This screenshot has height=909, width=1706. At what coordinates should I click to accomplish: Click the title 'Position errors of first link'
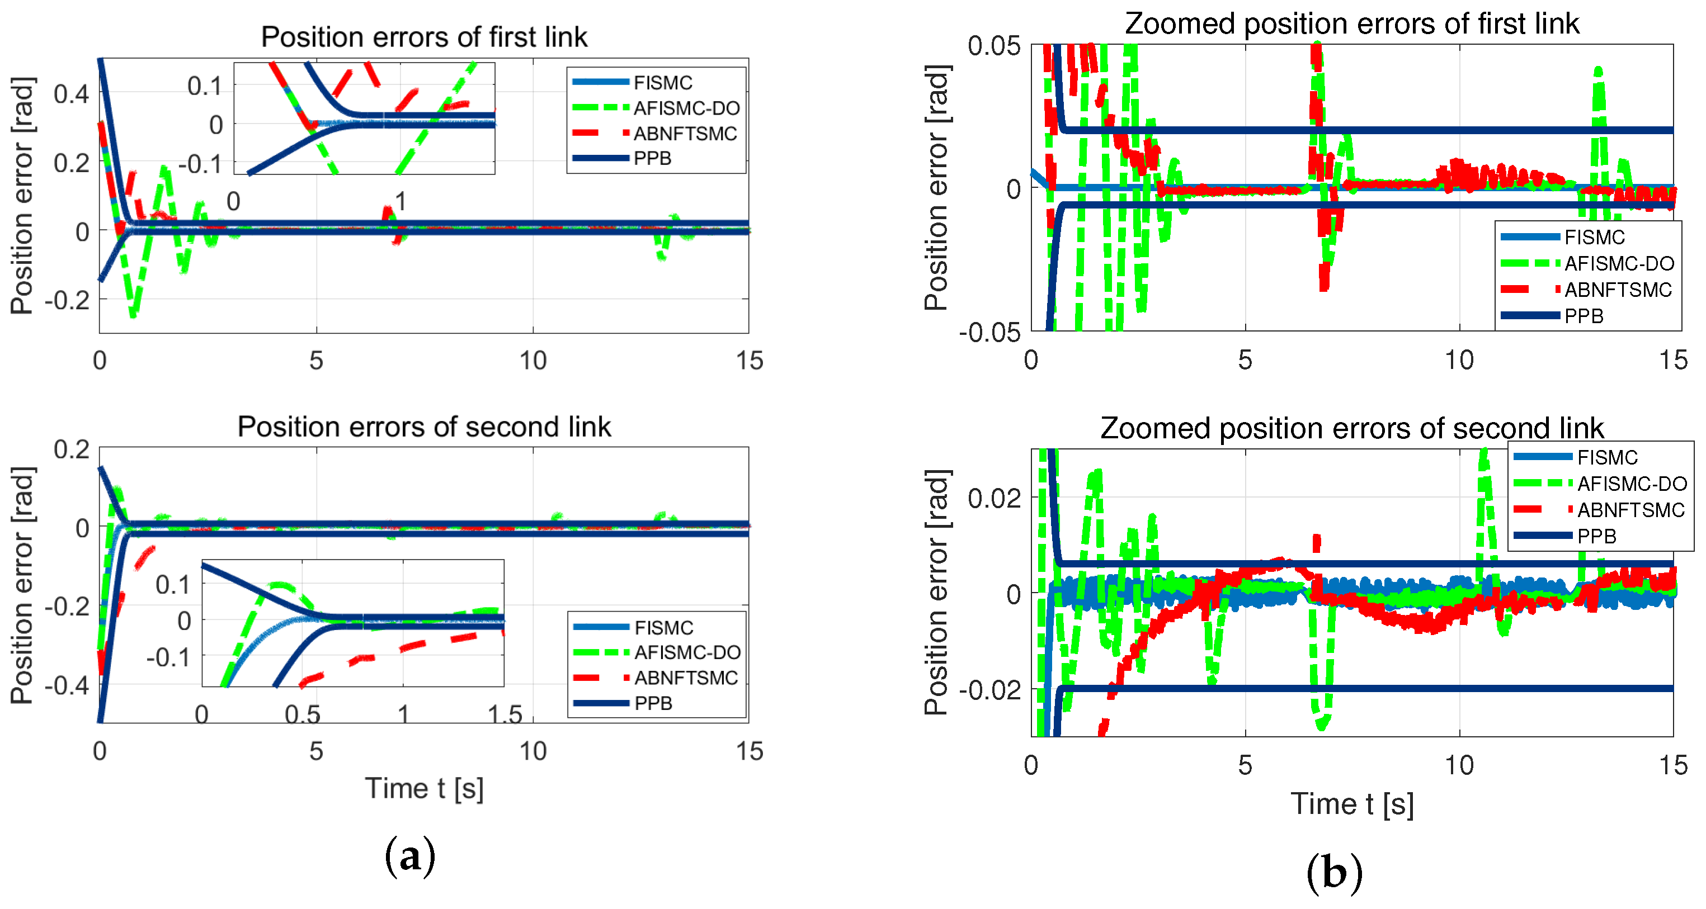(x=424, y=36)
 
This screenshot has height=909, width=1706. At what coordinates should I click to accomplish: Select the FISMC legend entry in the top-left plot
(x=662, y=83)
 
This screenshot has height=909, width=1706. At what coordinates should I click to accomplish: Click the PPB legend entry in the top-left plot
(x=652, y=158)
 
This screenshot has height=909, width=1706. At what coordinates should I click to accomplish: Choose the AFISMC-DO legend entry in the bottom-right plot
(x=1631, y=484)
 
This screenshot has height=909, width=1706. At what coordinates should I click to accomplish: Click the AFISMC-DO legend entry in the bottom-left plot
(x=687, y=653)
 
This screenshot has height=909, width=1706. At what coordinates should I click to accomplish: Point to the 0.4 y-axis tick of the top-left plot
(x=71, y=94)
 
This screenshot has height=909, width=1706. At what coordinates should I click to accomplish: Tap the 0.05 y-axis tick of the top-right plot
(x=993, y=46)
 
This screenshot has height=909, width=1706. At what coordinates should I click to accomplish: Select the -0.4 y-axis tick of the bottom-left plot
(x=66, y=685)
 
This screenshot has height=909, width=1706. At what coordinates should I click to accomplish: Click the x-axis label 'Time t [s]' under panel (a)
(x=424, y=788)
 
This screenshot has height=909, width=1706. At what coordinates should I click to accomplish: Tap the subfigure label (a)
(x=410, y=856)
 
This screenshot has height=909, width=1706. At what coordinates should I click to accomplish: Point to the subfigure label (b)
(x=1334, y=873)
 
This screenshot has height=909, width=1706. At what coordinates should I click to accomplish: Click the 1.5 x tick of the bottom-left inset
(x=505, y=715)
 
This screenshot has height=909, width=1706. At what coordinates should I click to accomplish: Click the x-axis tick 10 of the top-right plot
(x=1459, y=360)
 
